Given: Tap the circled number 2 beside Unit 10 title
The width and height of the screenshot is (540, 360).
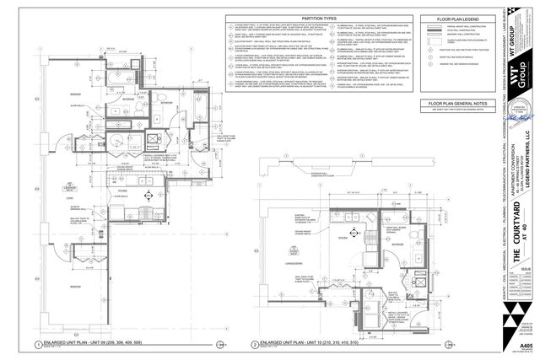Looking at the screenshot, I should point(254,345).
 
